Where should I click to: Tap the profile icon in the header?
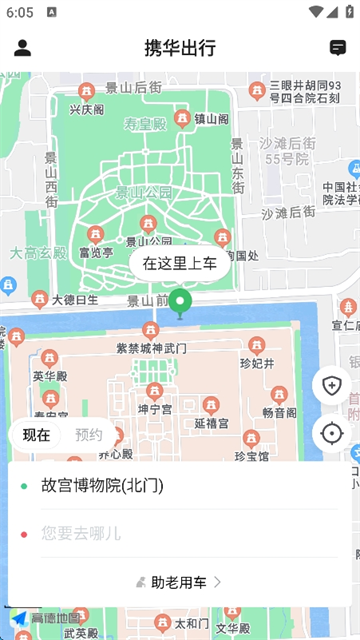(x=23, y=48)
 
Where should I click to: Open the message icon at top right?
(x=337, y=48)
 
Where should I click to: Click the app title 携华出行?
(x=180, y=48)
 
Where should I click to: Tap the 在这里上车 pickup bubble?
(x=180, y=264)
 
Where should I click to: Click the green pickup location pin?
(x=180, y=301)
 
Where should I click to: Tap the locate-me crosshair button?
(x=332, y=433)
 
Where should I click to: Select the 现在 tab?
(x=37, y=435)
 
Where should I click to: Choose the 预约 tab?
(x=89, y=435)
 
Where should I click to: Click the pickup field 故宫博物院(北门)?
(x=102, y=486)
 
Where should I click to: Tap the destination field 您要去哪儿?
(x=81, y=533)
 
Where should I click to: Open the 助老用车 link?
(x=180, y=581)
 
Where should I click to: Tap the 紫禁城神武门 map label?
(x=152, y=348)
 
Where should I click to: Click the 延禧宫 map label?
(x=212, y=423)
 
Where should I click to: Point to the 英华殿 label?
(x=48, y=376)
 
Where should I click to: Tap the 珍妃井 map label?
(x=257, y=363)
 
